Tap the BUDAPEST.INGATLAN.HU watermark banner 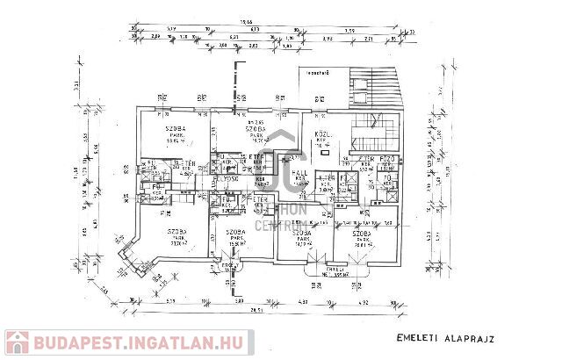click(x=127, y=342)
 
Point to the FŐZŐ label click(x=389, y=159)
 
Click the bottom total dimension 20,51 click(x=257, y=310)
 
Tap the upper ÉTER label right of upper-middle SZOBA click(x=256, y=156)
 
